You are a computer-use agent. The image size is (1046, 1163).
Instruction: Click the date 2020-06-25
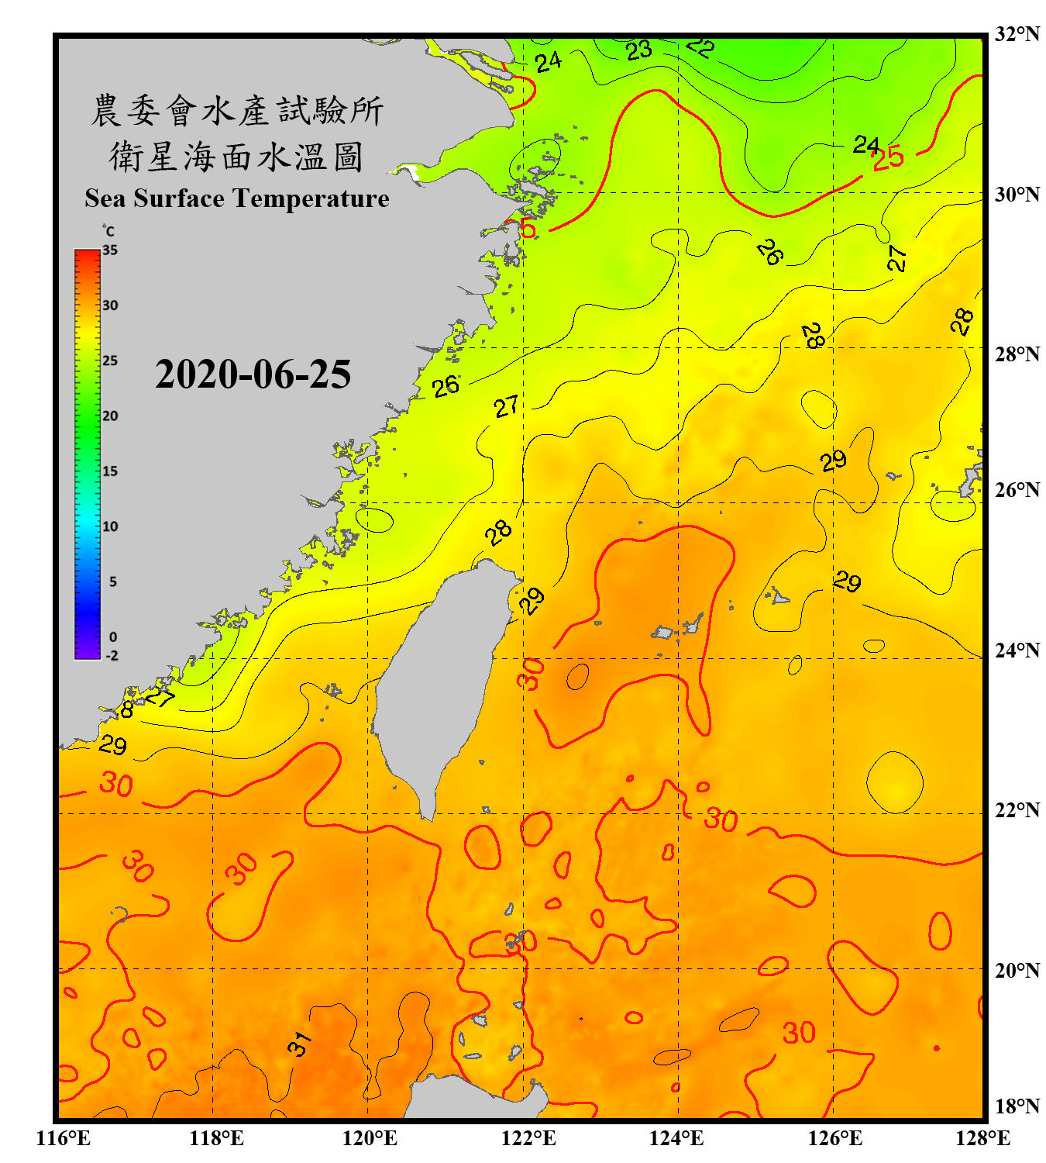coord(253,374)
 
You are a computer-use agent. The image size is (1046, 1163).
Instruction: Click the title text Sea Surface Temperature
coord(237,198)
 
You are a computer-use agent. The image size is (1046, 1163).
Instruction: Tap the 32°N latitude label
coord(1017,34)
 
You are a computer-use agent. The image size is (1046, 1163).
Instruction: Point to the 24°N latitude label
coord(1017,651)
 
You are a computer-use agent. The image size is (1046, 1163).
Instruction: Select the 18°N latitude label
coord(1017,1106)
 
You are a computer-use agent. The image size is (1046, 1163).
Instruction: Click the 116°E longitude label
coord(64,1138)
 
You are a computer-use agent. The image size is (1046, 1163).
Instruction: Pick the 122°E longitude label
coord(528,1138)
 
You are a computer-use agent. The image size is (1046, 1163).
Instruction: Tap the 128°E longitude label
coord(982,1138)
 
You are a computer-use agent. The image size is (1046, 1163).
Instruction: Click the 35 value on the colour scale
coord(110,250)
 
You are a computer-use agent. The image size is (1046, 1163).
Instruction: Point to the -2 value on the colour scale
coord(112,656)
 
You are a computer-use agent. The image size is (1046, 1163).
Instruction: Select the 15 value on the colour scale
coord(110,471)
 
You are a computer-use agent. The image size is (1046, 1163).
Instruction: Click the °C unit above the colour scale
coord(108,231)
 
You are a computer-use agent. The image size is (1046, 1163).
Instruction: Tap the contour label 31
coord(299,1044)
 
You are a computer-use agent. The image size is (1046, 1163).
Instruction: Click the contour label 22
coord(700,47)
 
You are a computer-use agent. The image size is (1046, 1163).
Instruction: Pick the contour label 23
coord(639,50)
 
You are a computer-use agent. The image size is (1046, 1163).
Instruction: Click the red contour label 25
coord(888,157)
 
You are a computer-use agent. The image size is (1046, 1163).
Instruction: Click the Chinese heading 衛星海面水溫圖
coord(236,157)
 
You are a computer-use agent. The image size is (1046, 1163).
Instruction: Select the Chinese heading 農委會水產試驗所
coord(237,111)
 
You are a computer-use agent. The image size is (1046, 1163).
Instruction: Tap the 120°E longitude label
coord(370,1138)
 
